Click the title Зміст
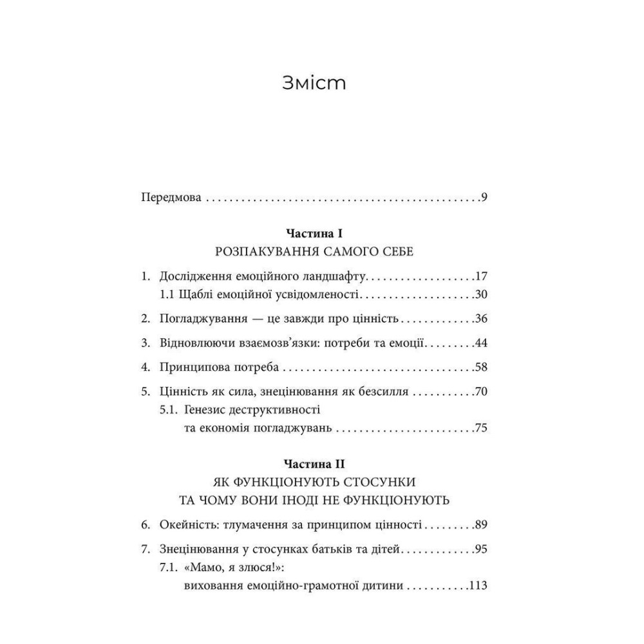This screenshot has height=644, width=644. pos(314,84)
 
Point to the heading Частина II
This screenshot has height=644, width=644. pos(314,463)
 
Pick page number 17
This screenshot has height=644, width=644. pos(481,278)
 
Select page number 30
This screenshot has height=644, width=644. pos(481,296)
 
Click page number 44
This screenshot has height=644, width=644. pos(481,343)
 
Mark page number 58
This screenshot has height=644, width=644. pos(481,368)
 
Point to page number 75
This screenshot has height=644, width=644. pos(481,427)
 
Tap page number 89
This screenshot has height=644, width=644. pos(481,526)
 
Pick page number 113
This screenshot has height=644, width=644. pos(478,585)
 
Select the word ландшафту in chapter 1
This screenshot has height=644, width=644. pos(334,278)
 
